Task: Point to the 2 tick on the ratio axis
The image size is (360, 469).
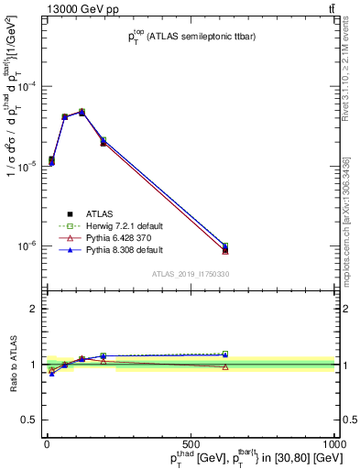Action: coord(32,309)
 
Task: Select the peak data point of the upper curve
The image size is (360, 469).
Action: coord(82,112)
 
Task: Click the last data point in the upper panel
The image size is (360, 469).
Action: coord(225,247)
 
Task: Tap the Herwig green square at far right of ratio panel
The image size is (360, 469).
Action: coord(225,354)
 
